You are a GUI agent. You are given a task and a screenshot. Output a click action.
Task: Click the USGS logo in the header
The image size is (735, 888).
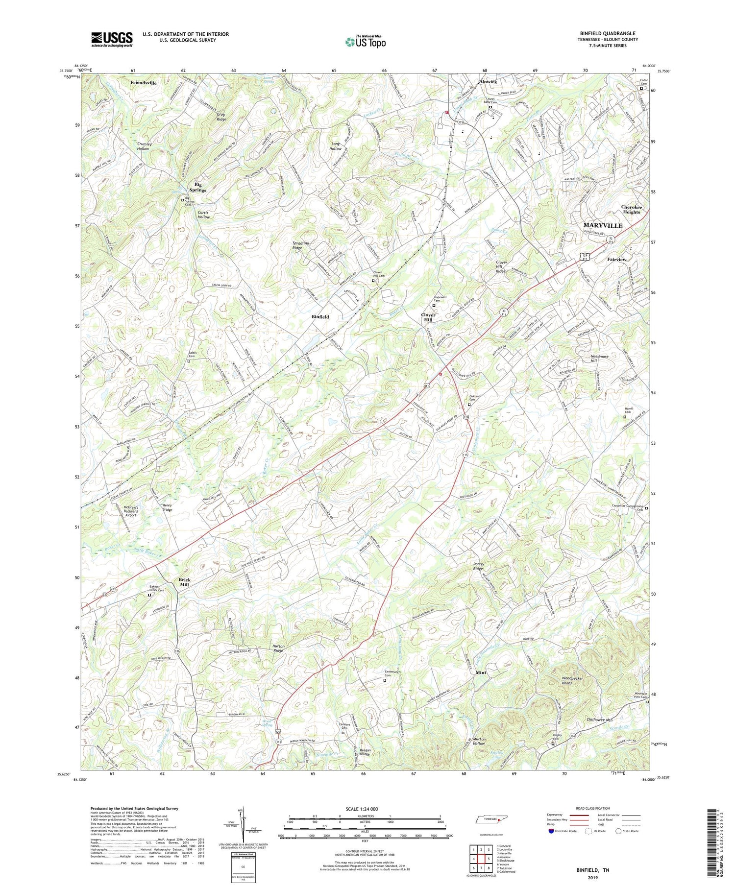pos(112,39)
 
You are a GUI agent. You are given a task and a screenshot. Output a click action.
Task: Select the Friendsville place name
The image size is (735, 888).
pos(143,83)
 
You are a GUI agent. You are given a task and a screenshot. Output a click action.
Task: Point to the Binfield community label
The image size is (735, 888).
pos(320,317)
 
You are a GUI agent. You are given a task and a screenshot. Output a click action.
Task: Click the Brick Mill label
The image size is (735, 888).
pos(184,582)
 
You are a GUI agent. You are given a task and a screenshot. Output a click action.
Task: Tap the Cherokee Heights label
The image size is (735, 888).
pos(631,209)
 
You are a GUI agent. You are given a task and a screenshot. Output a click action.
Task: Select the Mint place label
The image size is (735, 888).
pos(481,672)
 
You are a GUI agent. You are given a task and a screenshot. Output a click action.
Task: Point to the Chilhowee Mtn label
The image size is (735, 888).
pos(600,720)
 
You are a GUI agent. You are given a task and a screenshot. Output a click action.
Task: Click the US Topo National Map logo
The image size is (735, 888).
pos(365,42)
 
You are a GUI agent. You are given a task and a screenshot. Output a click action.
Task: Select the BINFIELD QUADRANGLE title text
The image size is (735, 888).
pos(607,33)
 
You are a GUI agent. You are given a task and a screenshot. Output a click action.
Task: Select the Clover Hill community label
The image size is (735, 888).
pos(428,317)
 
